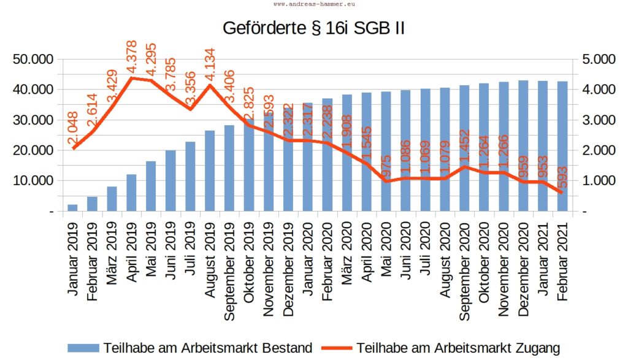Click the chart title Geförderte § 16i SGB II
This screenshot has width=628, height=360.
click(313, 29)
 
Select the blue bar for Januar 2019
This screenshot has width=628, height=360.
click(72, 208)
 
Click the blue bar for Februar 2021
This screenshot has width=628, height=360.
click(562, 147)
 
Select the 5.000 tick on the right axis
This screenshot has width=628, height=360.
click(594, 59)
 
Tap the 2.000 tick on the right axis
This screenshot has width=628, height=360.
click(594, 150)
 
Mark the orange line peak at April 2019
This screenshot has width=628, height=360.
click(131, 78)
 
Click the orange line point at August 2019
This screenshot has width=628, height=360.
click(210, 85)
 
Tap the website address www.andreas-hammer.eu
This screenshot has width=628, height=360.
click(313, 3)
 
